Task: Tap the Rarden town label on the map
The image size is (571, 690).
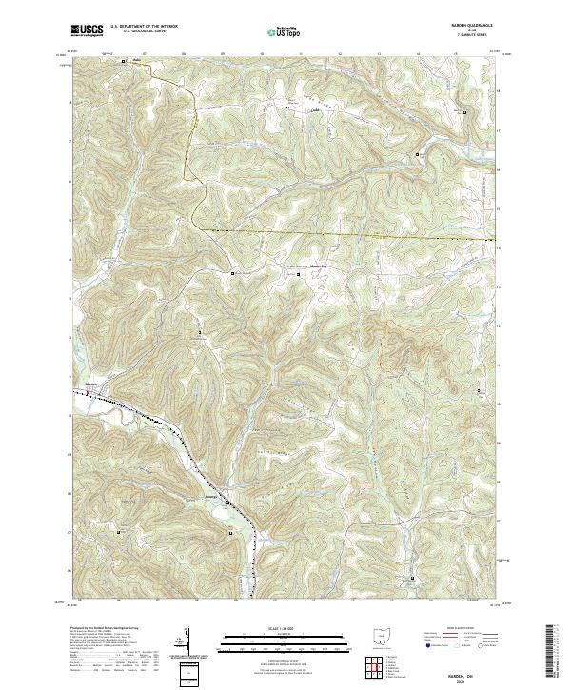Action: [91, 384]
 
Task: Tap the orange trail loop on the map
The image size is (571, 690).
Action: [395, 347]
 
